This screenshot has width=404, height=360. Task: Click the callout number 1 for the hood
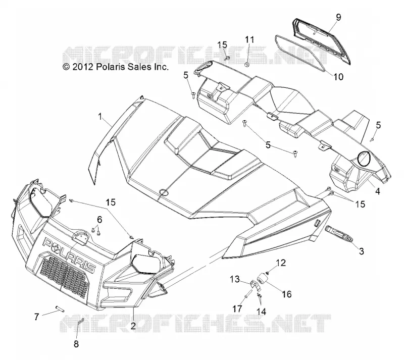point(100,117)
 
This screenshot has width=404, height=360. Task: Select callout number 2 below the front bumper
point(133,326)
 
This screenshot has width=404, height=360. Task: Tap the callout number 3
point(362,251)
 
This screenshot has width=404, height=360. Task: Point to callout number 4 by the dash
point(378,191)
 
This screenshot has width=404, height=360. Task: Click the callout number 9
point(338,17)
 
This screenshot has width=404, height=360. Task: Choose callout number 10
point(338,77)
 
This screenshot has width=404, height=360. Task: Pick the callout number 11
point(249,40)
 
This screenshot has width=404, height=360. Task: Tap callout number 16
point(286,294)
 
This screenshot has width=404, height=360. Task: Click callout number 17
point(237,308)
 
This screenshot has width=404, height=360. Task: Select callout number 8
point(76,344)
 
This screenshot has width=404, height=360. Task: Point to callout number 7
point(37,317)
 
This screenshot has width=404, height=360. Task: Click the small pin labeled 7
point(59,308)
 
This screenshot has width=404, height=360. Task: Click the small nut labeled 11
point(247,64)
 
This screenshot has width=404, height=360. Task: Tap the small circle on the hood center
point(164,192)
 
